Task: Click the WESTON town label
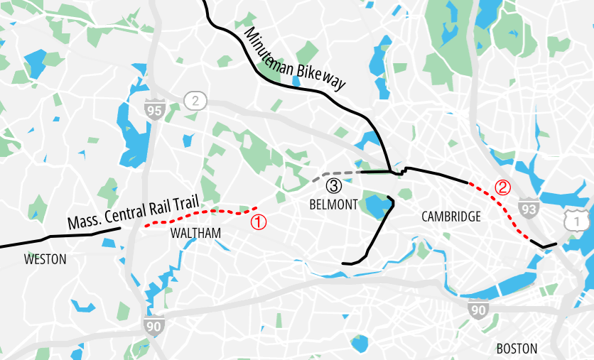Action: click(x=45, y=259)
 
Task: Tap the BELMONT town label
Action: click(x=333, y=204)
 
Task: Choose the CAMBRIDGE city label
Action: click(x=450, y=217)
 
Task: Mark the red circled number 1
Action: click(x=259, y=222)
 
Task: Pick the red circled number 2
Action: click(x=502, y=188)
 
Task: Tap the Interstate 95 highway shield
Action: click(x=153, y=110)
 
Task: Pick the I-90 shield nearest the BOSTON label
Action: click(x=478, y=310)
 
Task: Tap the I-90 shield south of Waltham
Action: click(x=153, y=327)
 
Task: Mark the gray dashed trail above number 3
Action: click(x=334, y=173)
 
